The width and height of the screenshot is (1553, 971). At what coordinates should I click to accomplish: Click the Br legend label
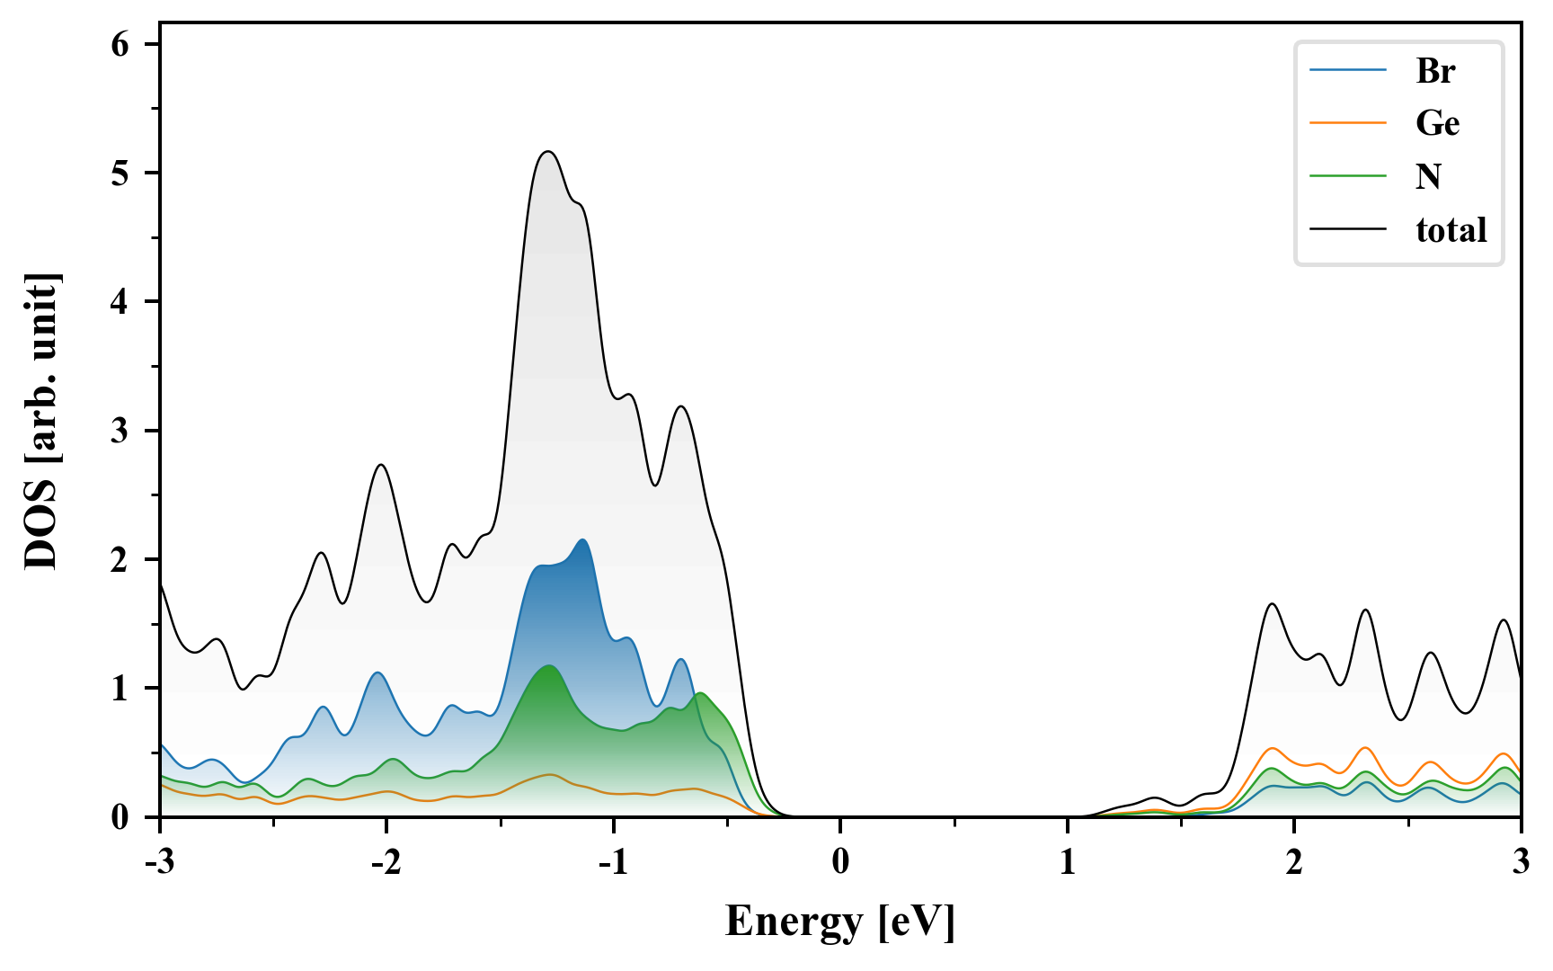coord(1435,71)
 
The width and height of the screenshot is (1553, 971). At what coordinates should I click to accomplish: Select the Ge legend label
coord(1437,123)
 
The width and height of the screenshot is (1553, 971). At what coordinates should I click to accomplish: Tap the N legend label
coord(1428,176)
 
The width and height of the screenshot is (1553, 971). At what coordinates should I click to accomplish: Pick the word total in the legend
coord(1451,230)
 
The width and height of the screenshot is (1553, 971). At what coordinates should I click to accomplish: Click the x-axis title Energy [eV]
coord(839,922)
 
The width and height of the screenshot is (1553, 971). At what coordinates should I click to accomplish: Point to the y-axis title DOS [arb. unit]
coord(41,421)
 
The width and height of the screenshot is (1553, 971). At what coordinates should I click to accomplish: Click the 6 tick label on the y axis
coord(120,45)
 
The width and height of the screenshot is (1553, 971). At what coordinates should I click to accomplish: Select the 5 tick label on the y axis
coord(120,174)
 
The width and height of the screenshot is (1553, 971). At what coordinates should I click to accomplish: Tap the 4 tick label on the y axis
coord(120,302)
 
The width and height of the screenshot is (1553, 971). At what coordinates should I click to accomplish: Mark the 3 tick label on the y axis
coord(120,431)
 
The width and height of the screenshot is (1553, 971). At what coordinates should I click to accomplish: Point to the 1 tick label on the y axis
coord(120,689)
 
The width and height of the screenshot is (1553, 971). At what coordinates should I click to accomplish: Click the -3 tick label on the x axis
coord(159,862)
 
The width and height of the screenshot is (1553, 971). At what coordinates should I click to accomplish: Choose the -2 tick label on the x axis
coord(386,862)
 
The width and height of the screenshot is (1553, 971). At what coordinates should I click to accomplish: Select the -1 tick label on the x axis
coord(612,862)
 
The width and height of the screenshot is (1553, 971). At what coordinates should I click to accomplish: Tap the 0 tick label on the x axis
coord(840,862)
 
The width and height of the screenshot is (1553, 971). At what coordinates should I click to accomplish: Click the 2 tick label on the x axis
coord(1294,862)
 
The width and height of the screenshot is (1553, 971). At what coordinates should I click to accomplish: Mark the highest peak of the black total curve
coord(548,152)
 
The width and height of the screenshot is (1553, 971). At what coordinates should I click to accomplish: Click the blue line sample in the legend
coord(1347,71)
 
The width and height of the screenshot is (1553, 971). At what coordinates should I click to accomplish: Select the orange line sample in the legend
coord(1347,123)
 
